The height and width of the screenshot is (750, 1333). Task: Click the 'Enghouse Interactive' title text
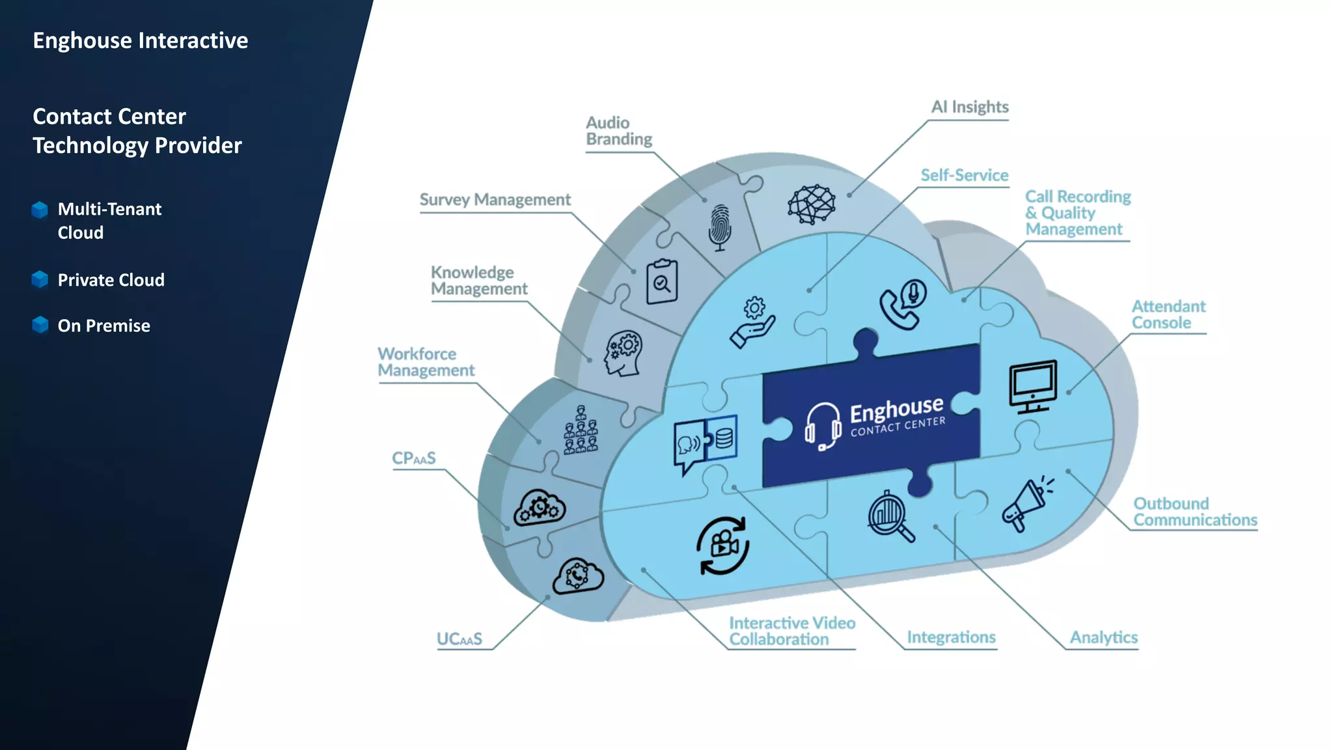(x=140, y=40)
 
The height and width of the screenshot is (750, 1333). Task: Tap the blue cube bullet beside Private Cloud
(x=40, y=279)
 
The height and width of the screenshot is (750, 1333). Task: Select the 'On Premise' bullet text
(x=103, y=326)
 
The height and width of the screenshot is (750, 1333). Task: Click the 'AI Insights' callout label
(x=969, y=107)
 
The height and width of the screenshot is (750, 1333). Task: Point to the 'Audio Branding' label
(x=618, y=131)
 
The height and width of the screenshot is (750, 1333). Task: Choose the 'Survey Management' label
(x=495, y=199)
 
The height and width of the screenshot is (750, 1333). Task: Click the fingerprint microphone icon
(x=719, y=227)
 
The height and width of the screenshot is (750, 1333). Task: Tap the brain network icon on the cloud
(x=811, y=204)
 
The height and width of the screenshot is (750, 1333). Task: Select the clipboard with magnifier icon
(x=661, y=281)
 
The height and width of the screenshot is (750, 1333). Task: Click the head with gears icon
(x=623, y=354)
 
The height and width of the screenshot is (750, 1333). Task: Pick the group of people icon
(x=580, y=430)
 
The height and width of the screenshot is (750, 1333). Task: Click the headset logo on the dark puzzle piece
(x=822, y=426)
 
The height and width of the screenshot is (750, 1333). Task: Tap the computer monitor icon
(x=1032, y=386)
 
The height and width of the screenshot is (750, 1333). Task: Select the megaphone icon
(x=1026, y=504)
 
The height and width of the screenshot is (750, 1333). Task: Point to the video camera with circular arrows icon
(x=722, y=546)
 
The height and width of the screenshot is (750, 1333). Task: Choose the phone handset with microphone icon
(x=903, y=304)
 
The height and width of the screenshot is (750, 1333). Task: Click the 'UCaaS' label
(x=459, y=639)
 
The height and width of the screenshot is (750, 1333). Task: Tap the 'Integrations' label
(x=951, y=637)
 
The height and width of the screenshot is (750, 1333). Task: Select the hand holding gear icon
(x=752, y=323)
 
